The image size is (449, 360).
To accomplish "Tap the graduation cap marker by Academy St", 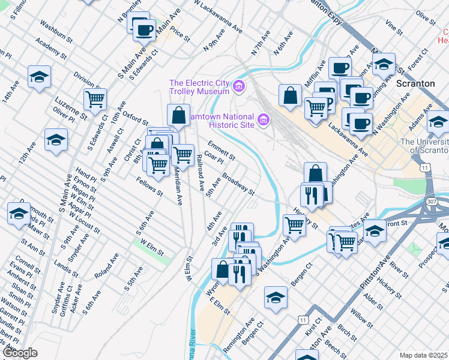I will (x=39, y=77).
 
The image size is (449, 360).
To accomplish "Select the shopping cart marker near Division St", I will (x=94, y=100).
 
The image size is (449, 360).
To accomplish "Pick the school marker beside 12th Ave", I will (x=56, y=140).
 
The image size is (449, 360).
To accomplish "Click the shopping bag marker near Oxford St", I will (x=178, y=115).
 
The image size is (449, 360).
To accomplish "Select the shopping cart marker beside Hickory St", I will (x=294, y=225).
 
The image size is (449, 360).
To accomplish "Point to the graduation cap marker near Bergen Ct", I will (x=276, y=297).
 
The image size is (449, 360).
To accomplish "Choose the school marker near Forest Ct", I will (x=384, y=64).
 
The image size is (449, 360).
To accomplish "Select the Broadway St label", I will (x=239, y=184).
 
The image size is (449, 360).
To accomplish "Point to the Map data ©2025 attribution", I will (x=423, y=355).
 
